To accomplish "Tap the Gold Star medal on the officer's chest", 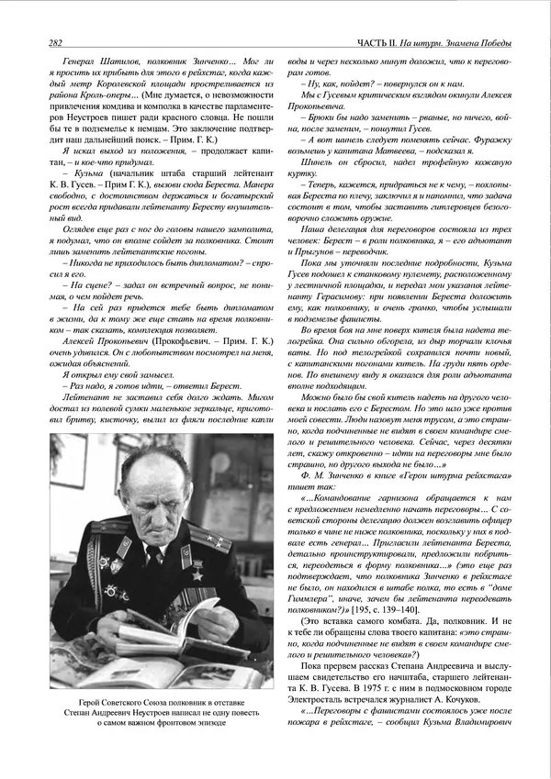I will click(184, 552).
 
